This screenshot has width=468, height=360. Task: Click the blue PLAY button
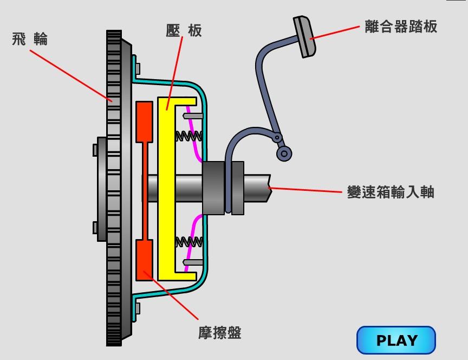[396, 340]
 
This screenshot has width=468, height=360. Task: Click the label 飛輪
[30, 39]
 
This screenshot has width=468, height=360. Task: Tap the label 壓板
[184, 30]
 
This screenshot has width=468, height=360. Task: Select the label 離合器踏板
[401, 26]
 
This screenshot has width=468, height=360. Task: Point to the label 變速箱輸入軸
[391, 192]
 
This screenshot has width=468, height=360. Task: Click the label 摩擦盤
[219, 332]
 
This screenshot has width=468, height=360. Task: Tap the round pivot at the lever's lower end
[284, 153]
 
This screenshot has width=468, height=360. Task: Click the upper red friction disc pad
[144, 121]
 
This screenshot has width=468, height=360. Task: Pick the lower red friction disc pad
[144, 259]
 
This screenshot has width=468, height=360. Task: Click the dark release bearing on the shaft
[213, 188]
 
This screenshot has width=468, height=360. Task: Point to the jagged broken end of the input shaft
[268, 188]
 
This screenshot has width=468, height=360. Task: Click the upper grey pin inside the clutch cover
[193, 115]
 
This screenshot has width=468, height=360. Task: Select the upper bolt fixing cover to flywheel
[138, 69]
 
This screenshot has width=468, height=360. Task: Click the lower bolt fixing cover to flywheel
[138, 308]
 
